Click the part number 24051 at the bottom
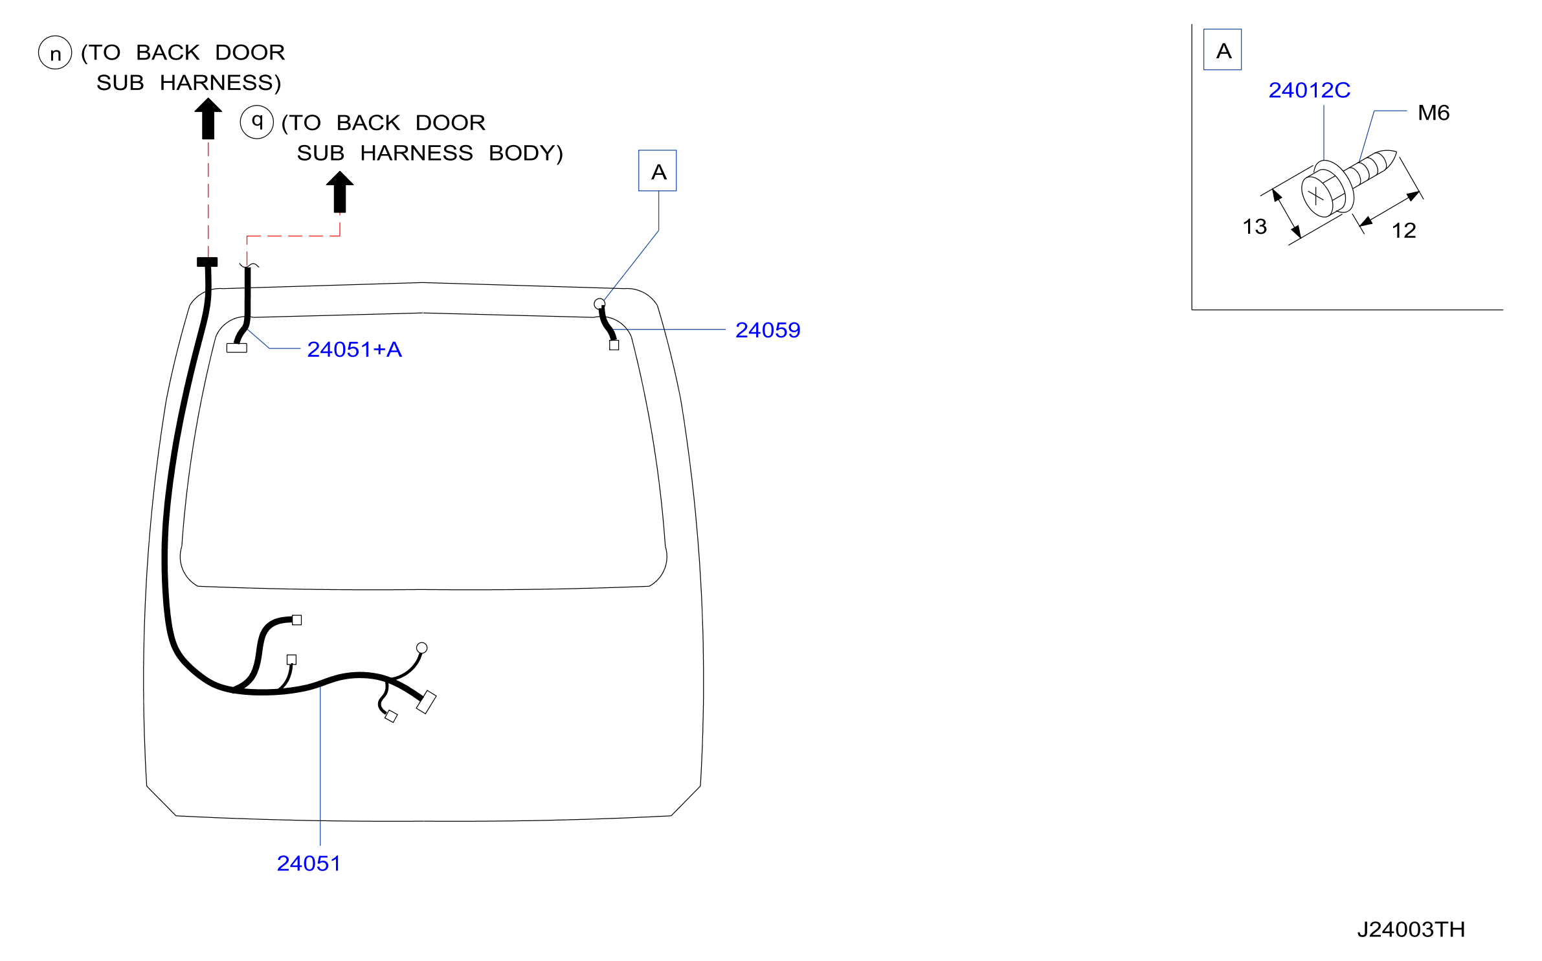pos(308,863)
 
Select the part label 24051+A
pos(354,349)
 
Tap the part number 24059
pos(768,330)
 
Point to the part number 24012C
pos(1309,90)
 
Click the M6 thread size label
pos(1433,113)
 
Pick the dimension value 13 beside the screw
pos(1255,226)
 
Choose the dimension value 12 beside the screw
pos(1403,230)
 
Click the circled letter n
pos(55,52)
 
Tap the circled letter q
pos(257,122)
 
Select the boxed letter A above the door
pos(658,171)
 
